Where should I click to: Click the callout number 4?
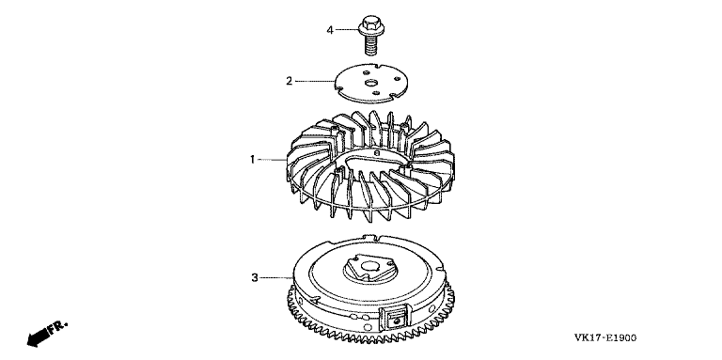[330, 31]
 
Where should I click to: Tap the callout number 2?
[290, 82]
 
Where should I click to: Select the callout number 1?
[252, 160]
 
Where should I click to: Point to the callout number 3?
[255, 278]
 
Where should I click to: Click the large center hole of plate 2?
[370, 83]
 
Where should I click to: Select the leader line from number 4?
[347, 30]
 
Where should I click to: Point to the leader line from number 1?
[272, 160]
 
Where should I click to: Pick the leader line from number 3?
[275, 278]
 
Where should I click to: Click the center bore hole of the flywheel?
[369, 266]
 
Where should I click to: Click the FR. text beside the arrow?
[58, 327]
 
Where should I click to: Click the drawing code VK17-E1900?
[605, 338]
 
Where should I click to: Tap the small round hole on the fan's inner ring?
[376, 153]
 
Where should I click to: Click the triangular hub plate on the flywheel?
[369, 267]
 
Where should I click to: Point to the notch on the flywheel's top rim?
[373, 238]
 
